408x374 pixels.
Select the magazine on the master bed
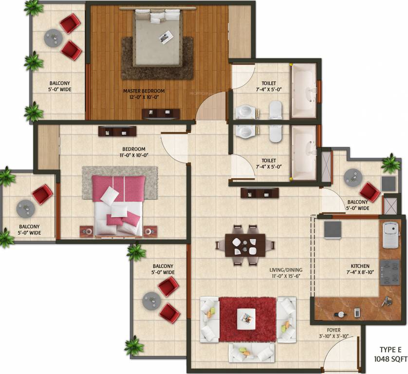pyautogui.click(x=167, y=37)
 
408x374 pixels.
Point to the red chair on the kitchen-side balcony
pyautogui.click(x=370, y=192)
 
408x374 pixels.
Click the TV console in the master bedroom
pyautogui.click(x=161, y=114)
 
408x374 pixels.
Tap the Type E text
pyautogui.click(x=390, y=350)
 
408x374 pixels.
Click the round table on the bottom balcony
pyautogui.click(x=151, y=300)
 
